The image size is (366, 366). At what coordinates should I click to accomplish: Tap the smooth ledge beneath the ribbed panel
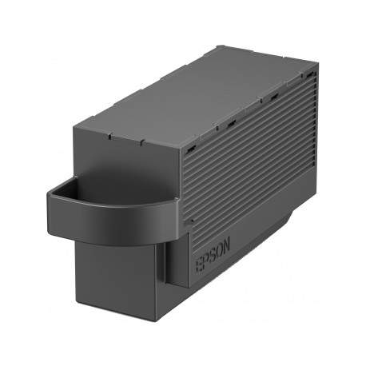[x=272, y=240]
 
